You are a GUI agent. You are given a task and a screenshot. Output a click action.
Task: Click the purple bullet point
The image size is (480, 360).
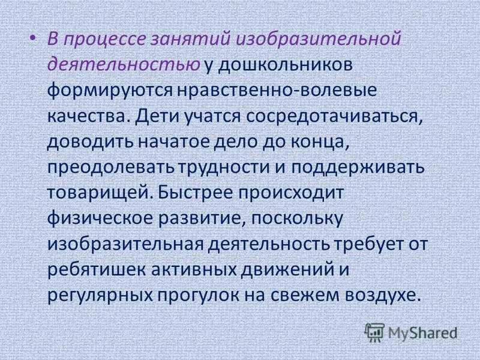[33, 38]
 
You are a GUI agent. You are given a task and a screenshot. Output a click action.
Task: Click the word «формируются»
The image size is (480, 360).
[110, 91]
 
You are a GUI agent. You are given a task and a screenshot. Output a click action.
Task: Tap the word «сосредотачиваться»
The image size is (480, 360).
[334, 116]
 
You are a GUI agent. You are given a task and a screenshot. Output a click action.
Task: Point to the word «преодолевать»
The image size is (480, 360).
[110, 167]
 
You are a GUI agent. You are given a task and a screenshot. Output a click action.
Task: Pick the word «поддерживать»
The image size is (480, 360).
[357, 167]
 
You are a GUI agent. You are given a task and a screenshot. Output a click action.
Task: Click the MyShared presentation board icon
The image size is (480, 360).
[374, 332]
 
